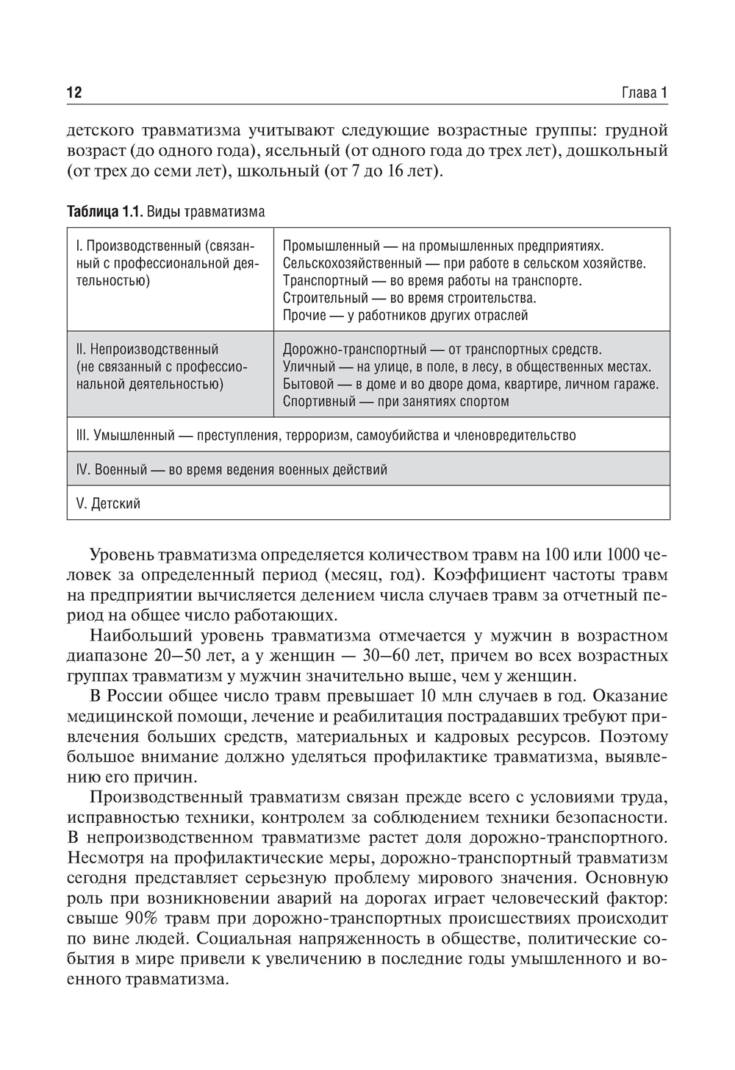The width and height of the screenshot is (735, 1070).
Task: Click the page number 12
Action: (x=74, y=93)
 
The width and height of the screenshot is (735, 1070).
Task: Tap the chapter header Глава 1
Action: (x=645, y=93)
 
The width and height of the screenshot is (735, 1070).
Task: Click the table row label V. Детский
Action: (x=108, y=504)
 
